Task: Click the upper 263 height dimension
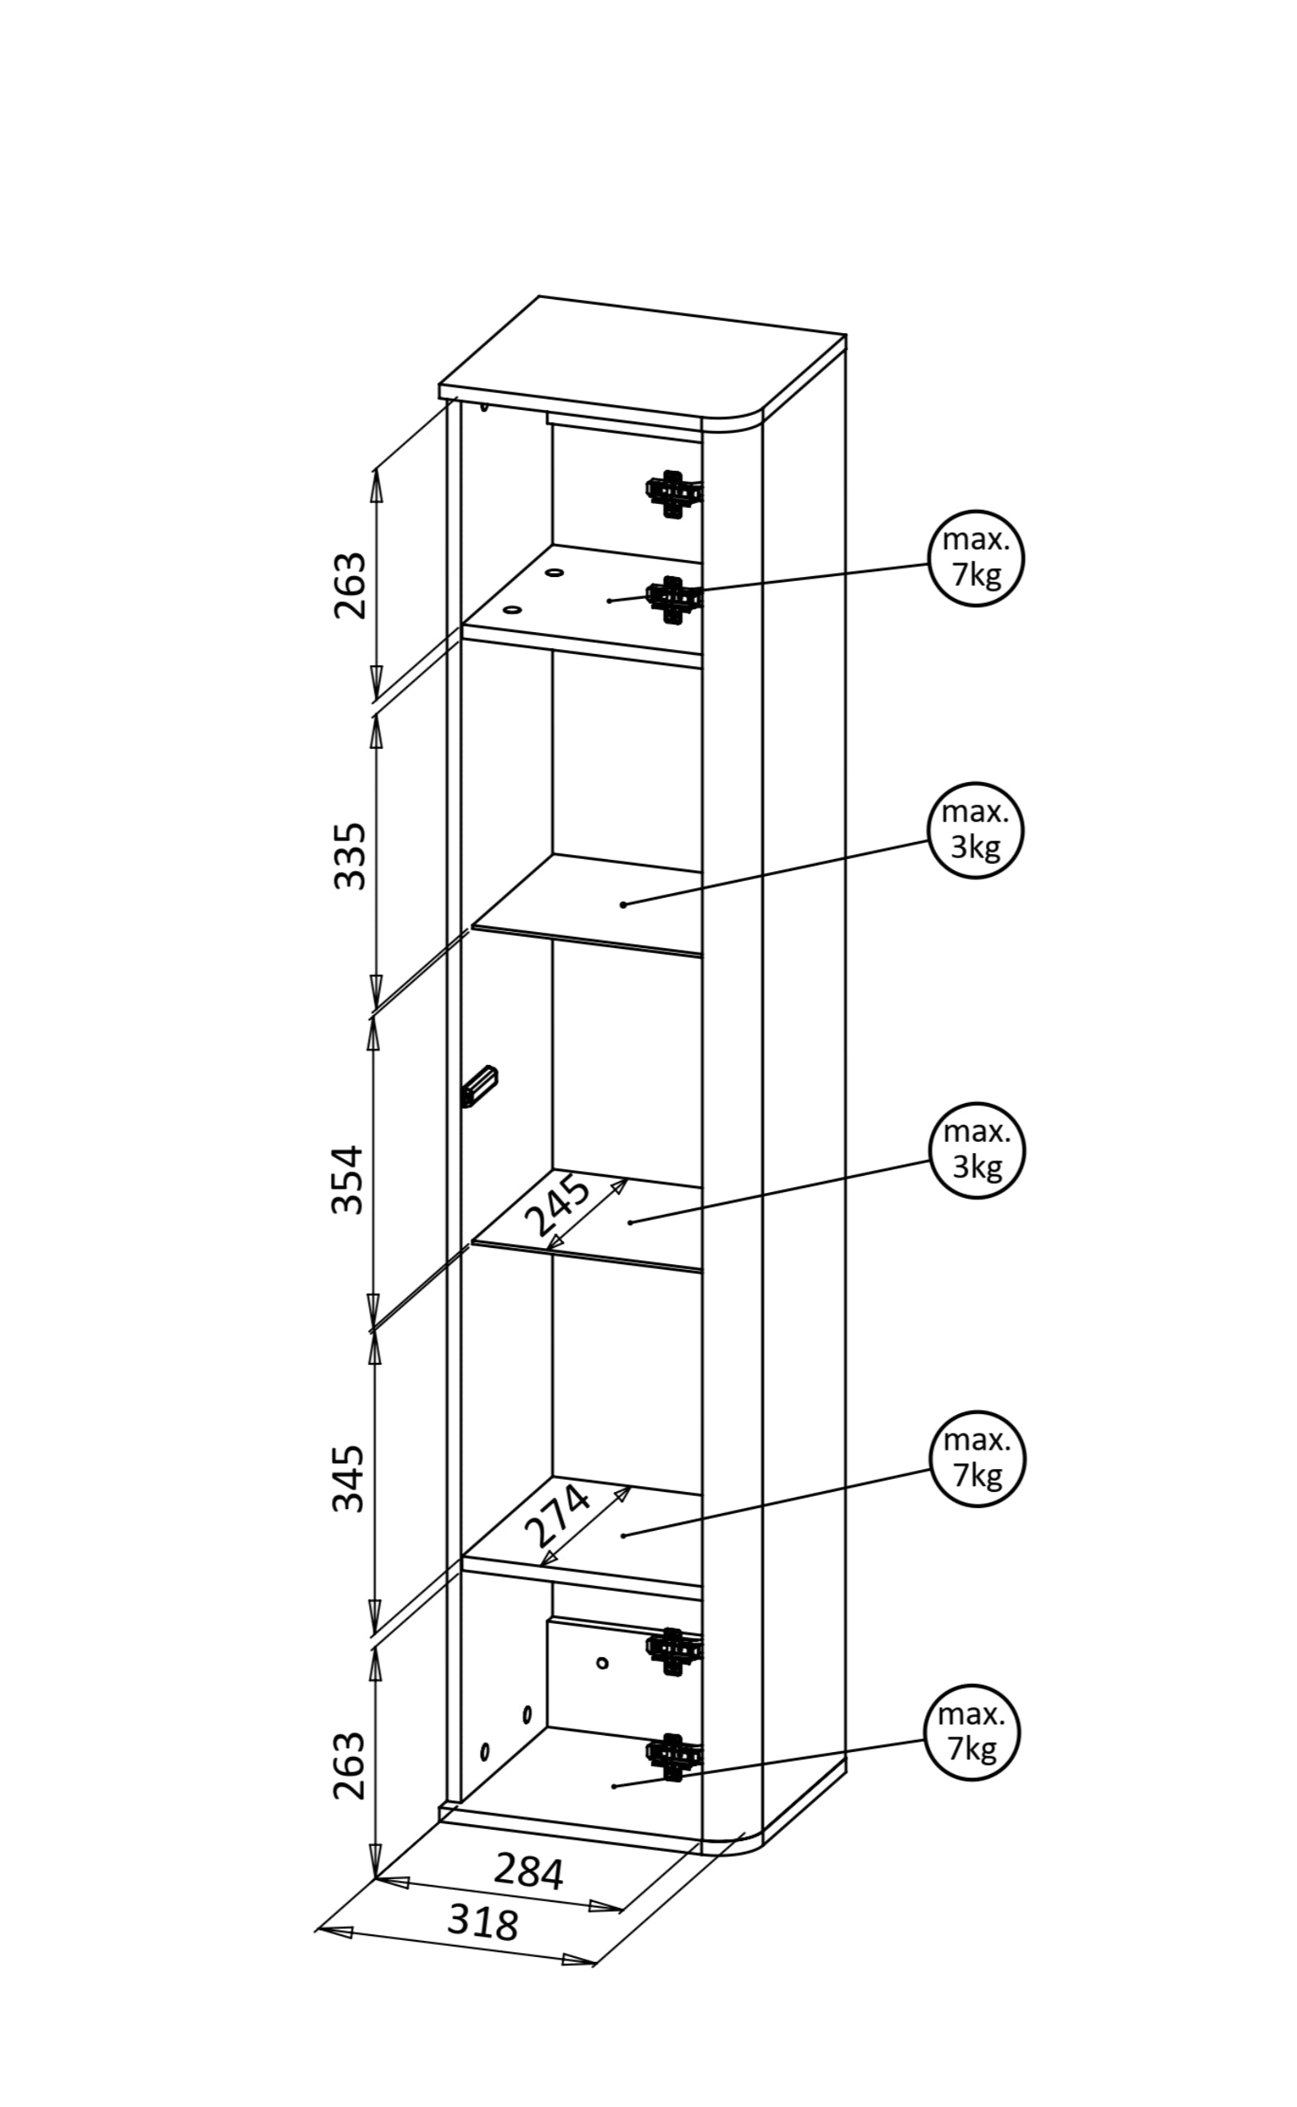[349, 586]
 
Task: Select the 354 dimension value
[348, 1181]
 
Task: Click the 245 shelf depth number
[558, 1206]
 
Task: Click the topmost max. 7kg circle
[976, 558]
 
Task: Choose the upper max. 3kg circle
[975, 829]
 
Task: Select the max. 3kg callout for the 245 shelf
[977, 1150]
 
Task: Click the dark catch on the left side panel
[481, 1087]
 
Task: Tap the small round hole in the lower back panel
[602, 1663]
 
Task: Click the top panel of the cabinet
[644, 360]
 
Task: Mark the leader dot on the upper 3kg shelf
[623, 904]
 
